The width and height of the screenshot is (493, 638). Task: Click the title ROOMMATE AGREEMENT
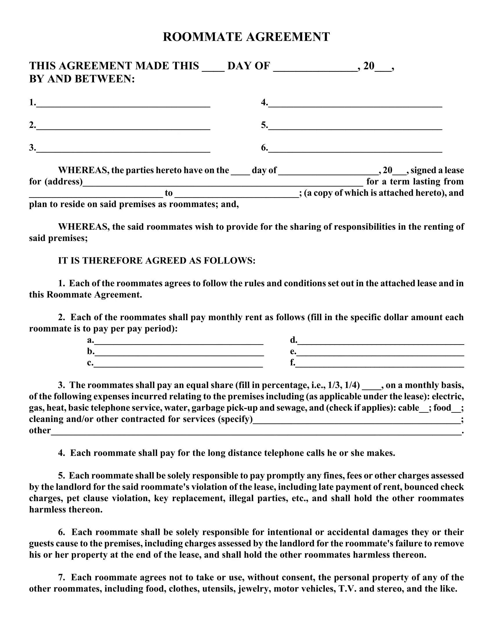click(x=246, y=37)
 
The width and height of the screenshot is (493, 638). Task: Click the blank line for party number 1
click(x=123, y=105)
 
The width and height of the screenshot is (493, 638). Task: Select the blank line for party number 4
click(x=355, y=105)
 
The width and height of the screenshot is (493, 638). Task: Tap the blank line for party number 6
click(x=355, y=150)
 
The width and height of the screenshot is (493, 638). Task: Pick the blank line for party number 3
click(x=123, y=150)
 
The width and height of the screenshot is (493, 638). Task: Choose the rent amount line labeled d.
click(x=380, y=342)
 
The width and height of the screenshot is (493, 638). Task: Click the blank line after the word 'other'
click(x=256, y=433)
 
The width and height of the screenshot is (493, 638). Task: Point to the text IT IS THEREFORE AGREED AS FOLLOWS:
click(x=157, y=261)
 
